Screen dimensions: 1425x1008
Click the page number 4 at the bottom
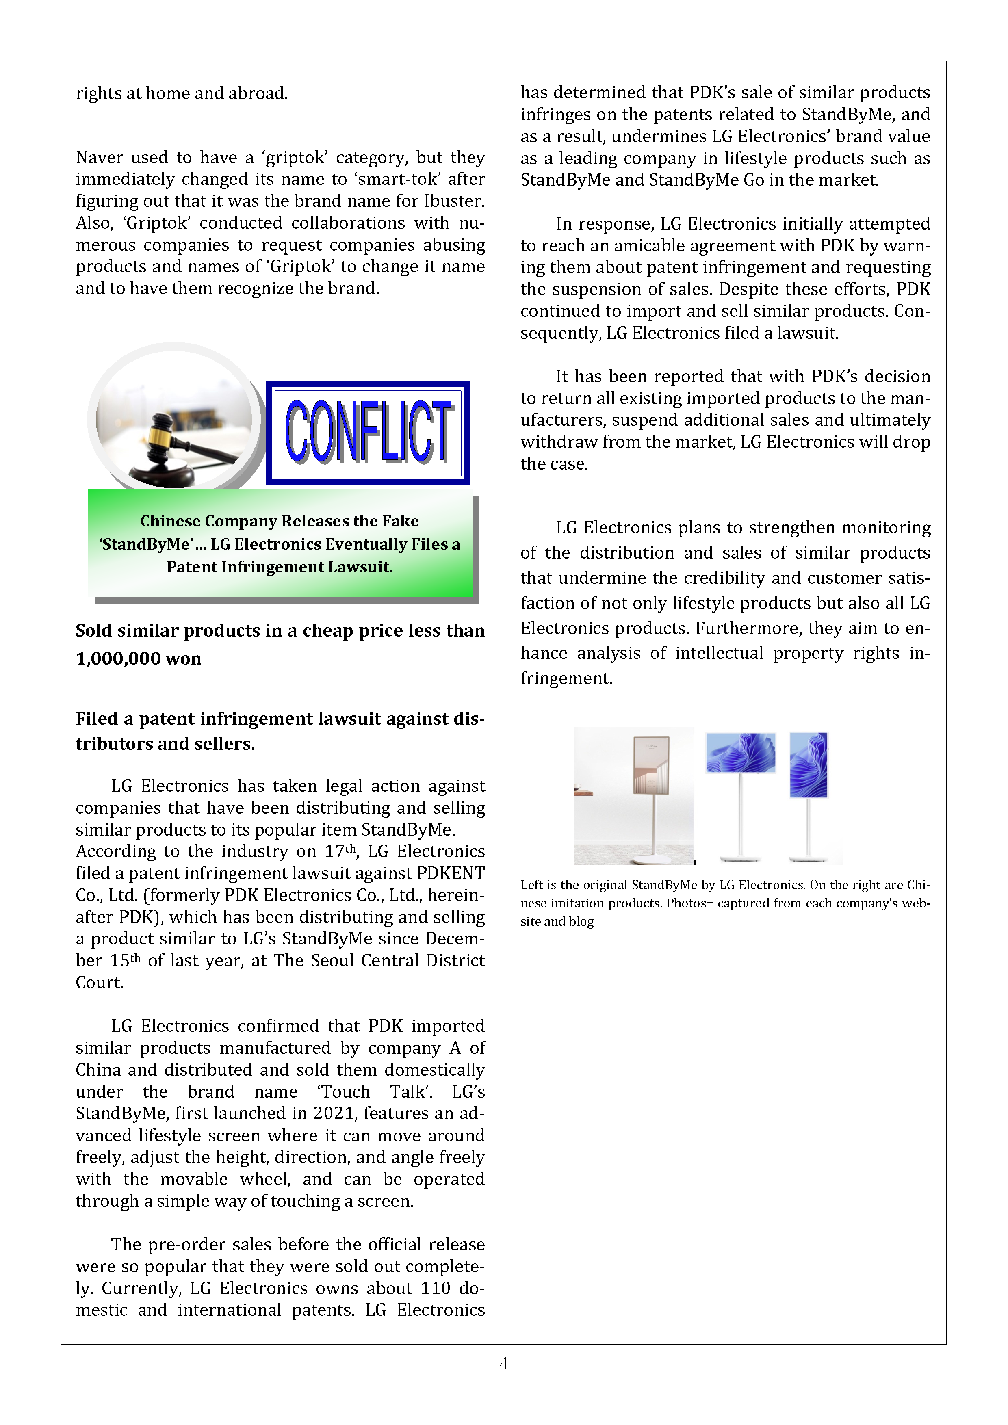(503, 1364)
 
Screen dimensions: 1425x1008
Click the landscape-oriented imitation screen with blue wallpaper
(741, 752)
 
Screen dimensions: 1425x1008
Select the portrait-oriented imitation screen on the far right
(808, 764)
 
